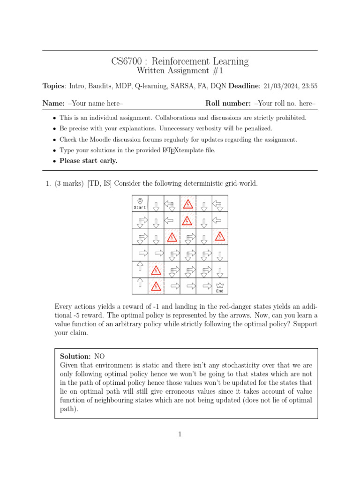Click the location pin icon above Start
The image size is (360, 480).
tap(140, 201)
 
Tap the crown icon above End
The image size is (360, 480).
tap(220, 285)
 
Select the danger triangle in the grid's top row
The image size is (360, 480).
tap(187, 204)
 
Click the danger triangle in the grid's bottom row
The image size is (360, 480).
tap(156, 286)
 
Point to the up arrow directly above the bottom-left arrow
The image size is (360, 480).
tap(140, 266)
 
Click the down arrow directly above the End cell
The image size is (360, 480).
tap(220, 271)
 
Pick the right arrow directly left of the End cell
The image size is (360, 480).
tap(204, 285)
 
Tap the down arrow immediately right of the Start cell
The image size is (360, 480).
tap(156, 206)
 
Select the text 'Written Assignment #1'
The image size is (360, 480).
tap(180, 71)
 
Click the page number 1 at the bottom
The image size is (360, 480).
tap(180, 435)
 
